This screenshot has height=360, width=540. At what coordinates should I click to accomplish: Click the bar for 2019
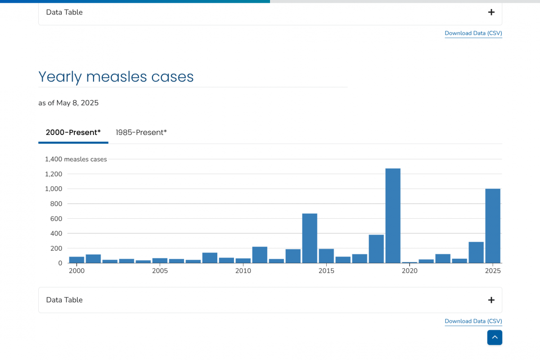click(393, 216)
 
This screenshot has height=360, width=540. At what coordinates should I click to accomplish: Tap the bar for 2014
click(310, 238)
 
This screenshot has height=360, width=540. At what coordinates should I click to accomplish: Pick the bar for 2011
click(260, 255)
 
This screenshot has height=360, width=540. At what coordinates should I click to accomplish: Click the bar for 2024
click(476, 252)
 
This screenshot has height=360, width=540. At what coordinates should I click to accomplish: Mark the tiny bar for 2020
click(409, 262)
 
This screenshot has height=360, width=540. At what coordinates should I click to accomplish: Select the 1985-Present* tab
click(141, 132)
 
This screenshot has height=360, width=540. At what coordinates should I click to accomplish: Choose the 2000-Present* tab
click(73, 132)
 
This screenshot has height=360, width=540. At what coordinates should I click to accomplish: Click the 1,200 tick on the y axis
click(54, 174)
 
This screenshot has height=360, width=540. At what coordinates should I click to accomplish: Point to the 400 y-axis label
click(56, 234)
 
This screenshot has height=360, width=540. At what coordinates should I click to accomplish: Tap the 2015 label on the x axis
click(326, 271)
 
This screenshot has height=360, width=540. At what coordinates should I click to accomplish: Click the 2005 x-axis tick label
click(160, 271)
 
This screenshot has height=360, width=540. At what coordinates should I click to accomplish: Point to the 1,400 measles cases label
click(76, 159)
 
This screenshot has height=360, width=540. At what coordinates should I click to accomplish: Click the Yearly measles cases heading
click(116, 77)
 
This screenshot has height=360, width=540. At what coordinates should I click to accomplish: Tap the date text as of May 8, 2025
click(68, 103)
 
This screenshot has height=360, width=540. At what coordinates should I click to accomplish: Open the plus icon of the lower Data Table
click(491, 300)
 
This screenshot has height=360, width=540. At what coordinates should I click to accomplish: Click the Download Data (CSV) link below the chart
click(473, 321)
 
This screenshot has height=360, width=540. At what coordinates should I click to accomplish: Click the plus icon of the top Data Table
click(491, 12)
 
